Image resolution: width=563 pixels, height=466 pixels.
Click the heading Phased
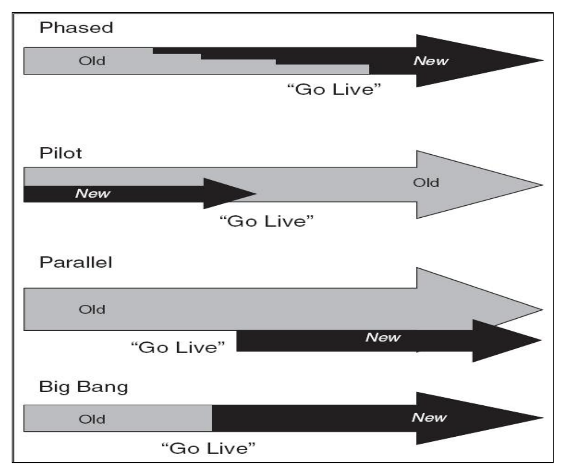coord(76,28)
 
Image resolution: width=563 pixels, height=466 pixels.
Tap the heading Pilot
coord(61,153)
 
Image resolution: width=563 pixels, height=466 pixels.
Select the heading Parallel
coord(76,262)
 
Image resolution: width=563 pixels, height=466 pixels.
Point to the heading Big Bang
coord(84,387)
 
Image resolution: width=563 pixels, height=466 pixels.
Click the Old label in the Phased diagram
coord(92,61)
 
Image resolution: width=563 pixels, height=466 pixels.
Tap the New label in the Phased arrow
coord(431,61)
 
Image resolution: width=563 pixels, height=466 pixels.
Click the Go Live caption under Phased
coord(334,89)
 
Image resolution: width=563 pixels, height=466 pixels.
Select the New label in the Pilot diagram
coord(93,193)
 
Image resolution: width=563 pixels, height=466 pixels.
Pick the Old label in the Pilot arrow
coord(426,183)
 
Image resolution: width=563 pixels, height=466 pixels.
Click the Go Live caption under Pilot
coord(267,221)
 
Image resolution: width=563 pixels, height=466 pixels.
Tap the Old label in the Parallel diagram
coord(92,309)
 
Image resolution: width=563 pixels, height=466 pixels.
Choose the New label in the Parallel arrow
coord(383,337)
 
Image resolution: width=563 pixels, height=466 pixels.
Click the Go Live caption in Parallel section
coord(178,347)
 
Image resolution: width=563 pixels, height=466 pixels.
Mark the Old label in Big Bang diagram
coord(92,419)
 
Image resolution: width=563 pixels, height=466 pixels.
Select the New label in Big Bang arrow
coord(429,417)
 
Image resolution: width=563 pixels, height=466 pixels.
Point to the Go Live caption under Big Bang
coord(208,448)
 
